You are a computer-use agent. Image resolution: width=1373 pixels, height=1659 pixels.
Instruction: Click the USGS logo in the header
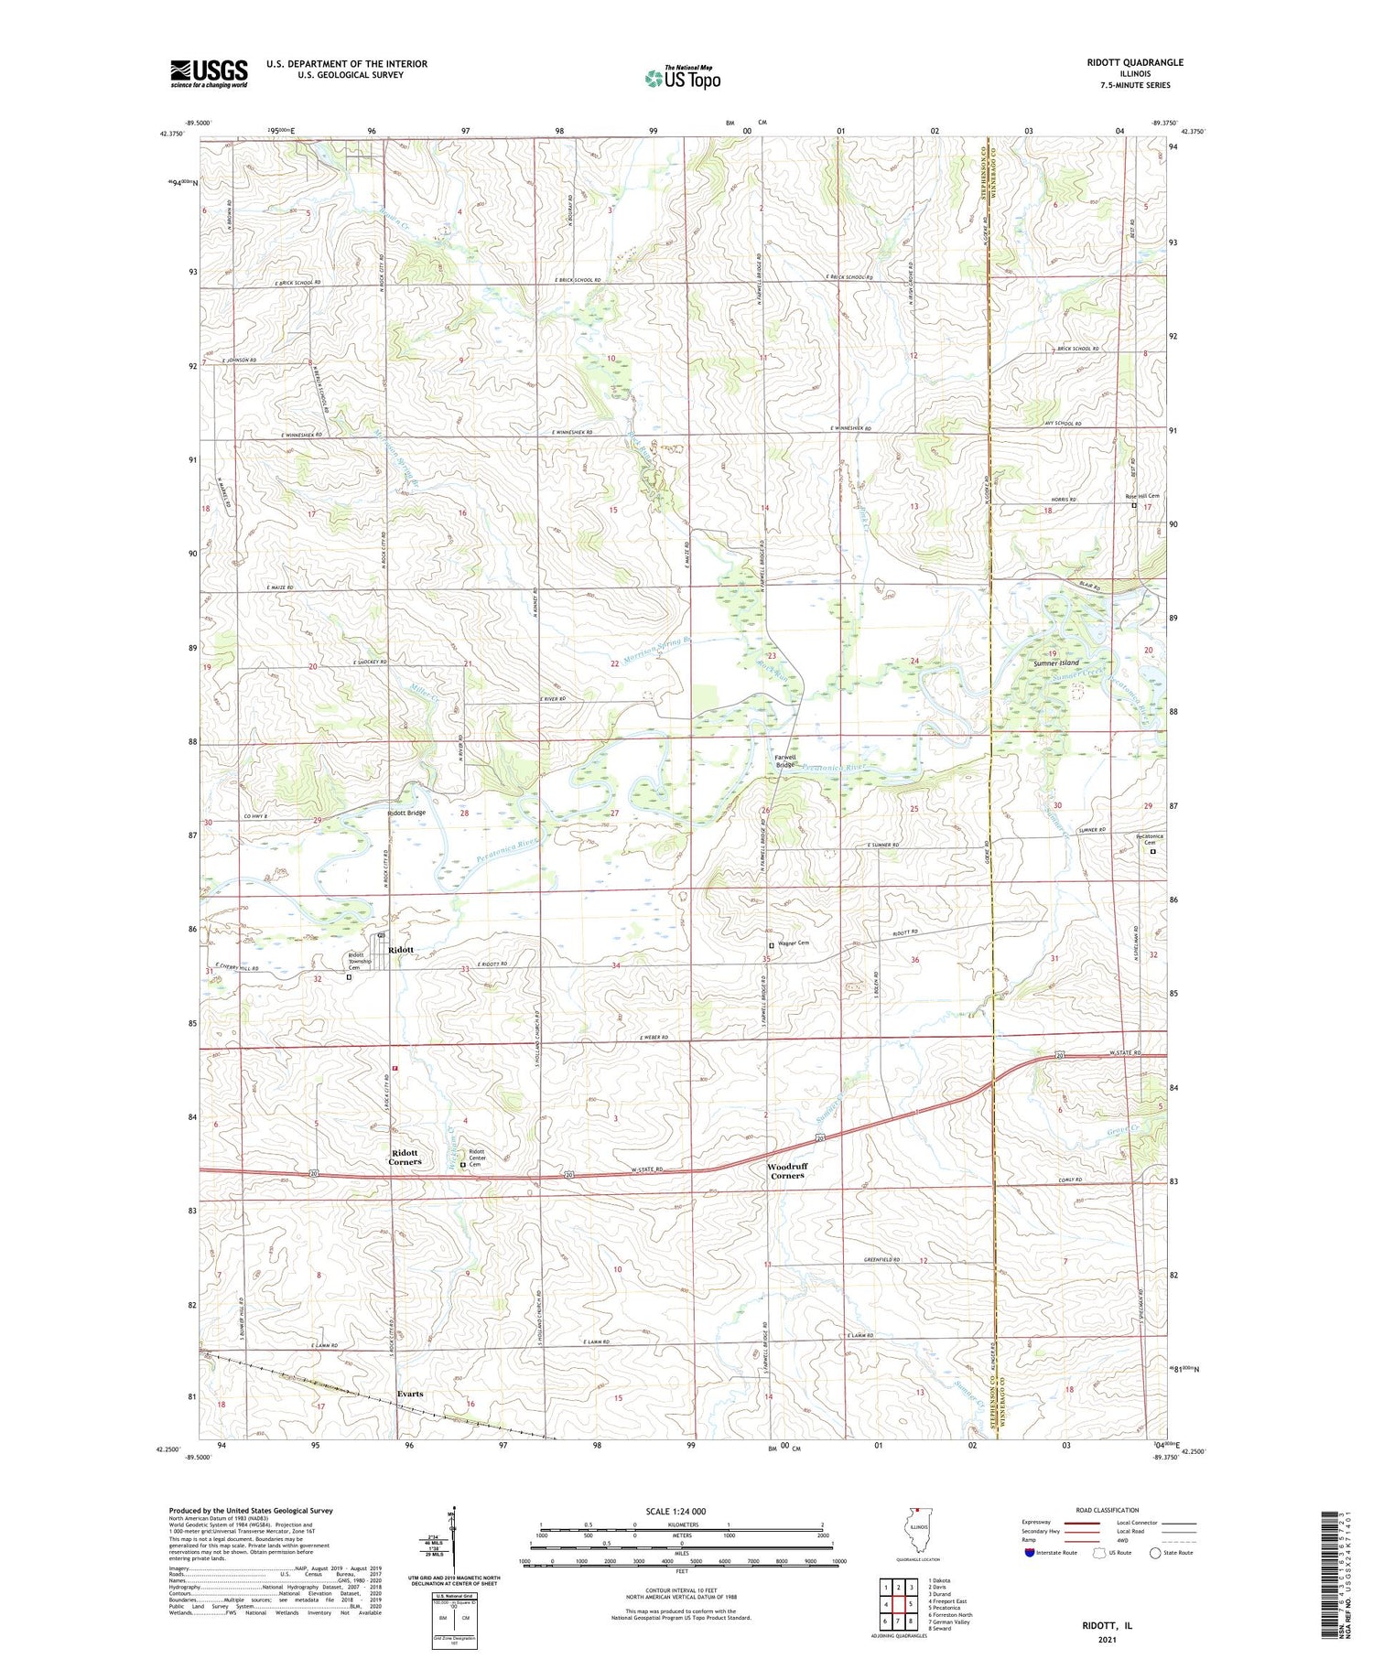pos(209,73)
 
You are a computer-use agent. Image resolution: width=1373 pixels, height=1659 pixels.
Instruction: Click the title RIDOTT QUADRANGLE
pos(1131,62)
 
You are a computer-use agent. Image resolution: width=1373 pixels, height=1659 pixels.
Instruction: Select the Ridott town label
pos(401,950)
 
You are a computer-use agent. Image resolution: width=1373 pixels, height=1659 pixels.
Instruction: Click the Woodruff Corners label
pos(787,1171)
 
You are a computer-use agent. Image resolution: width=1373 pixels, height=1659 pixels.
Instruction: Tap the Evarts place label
pos(410,1394)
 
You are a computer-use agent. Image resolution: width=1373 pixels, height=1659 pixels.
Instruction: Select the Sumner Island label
pos(1055,663)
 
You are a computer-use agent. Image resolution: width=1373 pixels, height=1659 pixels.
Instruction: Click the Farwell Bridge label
pos(784,761)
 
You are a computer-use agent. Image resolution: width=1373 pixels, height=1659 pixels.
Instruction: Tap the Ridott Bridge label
pos(406,813)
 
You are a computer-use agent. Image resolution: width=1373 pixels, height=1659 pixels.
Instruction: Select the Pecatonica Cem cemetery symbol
pos(1152,852)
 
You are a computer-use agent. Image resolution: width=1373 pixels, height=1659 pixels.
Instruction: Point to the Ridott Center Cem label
pos(476,1158)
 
